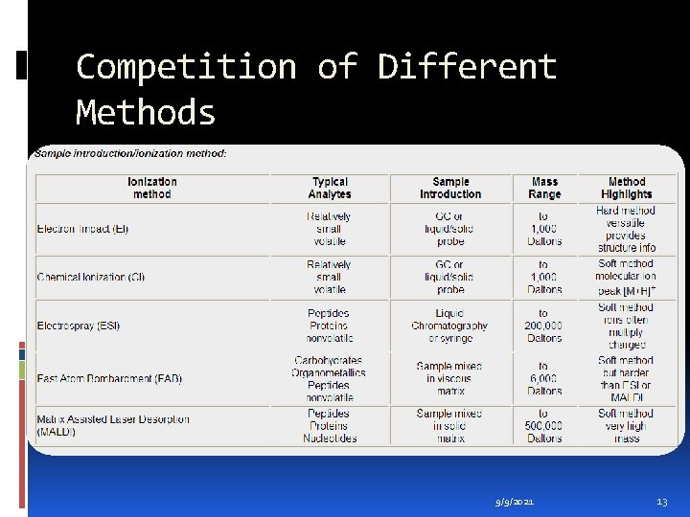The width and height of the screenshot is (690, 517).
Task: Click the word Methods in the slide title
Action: point(146,113)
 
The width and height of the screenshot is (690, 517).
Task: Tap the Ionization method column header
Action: point(152,188)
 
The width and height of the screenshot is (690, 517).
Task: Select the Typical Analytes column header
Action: point(330,188)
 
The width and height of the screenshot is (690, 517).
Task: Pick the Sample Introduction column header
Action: point(450,188)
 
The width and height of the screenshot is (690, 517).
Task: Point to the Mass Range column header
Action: point(544,188)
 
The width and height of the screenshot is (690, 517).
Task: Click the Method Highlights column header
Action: point(627,188)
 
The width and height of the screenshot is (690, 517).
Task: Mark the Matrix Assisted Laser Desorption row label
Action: point(112,425)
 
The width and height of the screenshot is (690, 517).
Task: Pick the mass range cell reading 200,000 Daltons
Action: point(543,326)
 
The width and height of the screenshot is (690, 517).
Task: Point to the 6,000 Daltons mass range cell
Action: point(543,378)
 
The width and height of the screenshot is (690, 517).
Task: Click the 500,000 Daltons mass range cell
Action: point(543,426)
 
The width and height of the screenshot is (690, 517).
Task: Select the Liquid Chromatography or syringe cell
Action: point(449,326)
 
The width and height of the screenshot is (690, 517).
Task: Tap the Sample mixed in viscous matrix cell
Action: point(449,378)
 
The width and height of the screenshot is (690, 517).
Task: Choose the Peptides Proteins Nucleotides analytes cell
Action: point(330,426)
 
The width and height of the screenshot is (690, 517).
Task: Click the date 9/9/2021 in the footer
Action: point(516,502)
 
